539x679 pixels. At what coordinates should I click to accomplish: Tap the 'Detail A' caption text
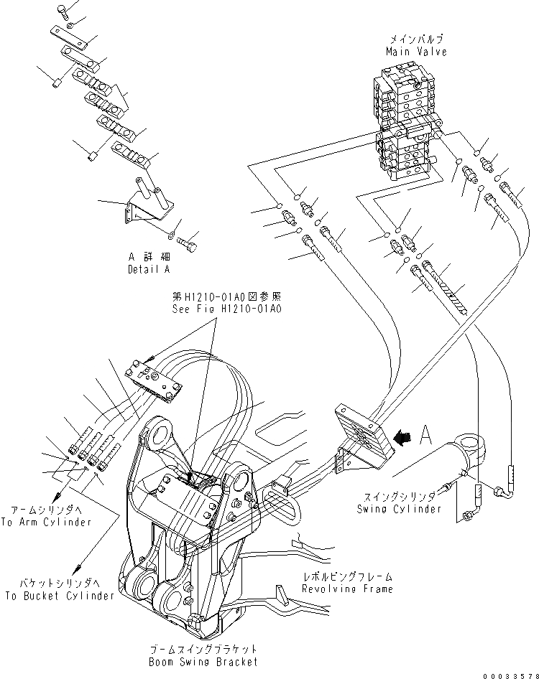pyautogui.click(x=149, y=269)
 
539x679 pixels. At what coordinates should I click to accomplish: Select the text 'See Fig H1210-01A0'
pyautogui.click(x=226, y=309)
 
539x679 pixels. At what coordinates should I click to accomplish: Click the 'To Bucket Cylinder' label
pyautogui.click(x=60, y=596)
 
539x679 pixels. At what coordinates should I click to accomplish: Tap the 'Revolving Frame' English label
pyautogui.click(x=348, y=589)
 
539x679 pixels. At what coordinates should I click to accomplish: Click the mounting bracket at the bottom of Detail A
pyautogui.click(x=144, y=208)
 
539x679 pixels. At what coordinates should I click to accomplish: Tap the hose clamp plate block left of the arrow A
pyautogui.click(x=362, y=436)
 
